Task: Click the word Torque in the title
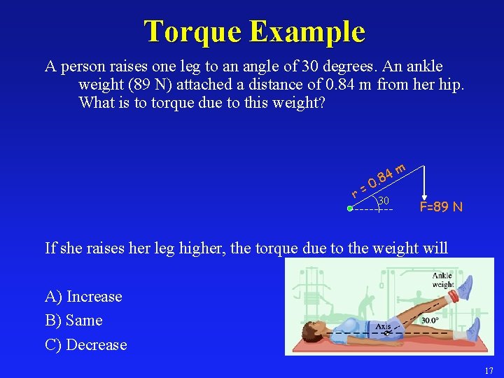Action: coord(192,31)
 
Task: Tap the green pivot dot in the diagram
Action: coord(350,208)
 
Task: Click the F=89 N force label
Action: coord(441,206)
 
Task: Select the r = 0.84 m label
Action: coord(379,179)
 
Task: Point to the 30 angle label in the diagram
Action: coord(384,201)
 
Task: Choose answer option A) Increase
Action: coord(83,297)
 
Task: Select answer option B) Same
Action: coord(73,321)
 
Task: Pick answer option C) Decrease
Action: coord(86,344)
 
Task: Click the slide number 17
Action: coord(489,370)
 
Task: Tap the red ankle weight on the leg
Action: coord(454,296)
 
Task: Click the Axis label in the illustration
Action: coord(383,325)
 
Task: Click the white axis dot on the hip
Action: coord(385,334)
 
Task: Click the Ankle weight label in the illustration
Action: coord(442,280)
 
